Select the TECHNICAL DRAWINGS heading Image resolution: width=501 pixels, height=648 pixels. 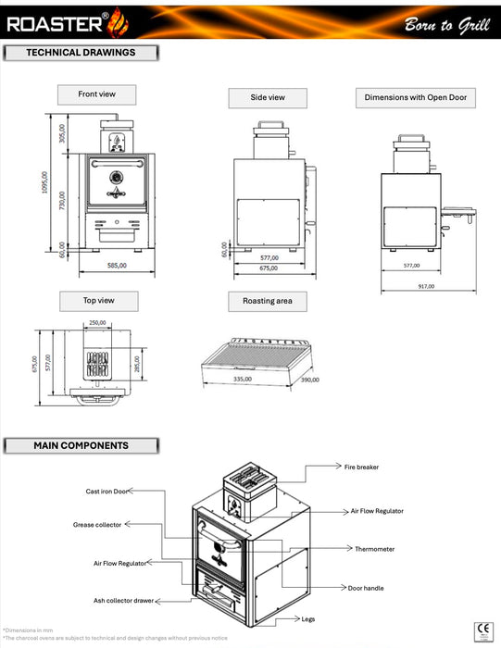point(81,53)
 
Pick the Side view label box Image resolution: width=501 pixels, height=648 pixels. point(268,97)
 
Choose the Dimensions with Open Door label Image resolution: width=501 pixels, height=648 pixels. point(415,97)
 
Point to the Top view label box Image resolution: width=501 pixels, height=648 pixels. point(98,301)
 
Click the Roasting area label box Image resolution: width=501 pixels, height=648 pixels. point(268,301)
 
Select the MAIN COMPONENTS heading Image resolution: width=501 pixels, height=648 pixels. point(81,445)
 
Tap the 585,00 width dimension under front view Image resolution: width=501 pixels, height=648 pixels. point(116,266)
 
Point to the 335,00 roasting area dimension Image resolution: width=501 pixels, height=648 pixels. point(244,379)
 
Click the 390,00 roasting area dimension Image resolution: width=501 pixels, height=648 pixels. point(308,380)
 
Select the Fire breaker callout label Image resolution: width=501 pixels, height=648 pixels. point(361,467)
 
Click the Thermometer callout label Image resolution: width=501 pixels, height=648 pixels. point(374,549)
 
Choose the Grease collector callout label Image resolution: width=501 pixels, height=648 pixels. point(97,524)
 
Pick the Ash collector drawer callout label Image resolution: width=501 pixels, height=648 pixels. point(123,601)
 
